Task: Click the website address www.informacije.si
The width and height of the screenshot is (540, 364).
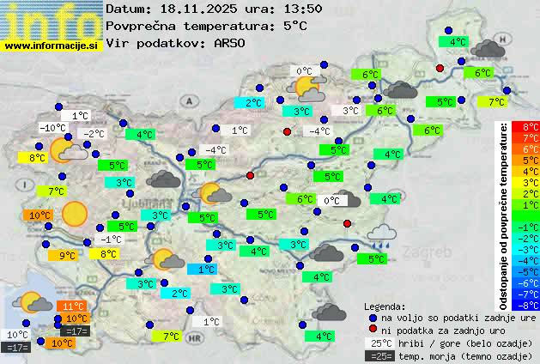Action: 51,45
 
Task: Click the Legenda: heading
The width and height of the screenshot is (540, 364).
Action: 385,306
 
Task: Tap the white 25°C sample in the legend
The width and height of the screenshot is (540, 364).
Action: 379,343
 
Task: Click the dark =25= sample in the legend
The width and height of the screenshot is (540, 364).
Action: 379,355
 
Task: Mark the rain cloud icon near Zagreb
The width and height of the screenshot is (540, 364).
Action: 381,234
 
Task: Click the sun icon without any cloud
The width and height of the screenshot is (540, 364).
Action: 74,212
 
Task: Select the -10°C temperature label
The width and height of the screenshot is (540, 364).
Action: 52,128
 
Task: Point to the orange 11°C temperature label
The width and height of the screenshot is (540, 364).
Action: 73,306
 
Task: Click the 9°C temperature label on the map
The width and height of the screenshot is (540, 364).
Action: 67,255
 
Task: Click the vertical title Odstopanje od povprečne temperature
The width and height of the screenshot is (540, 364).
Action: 504,215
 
